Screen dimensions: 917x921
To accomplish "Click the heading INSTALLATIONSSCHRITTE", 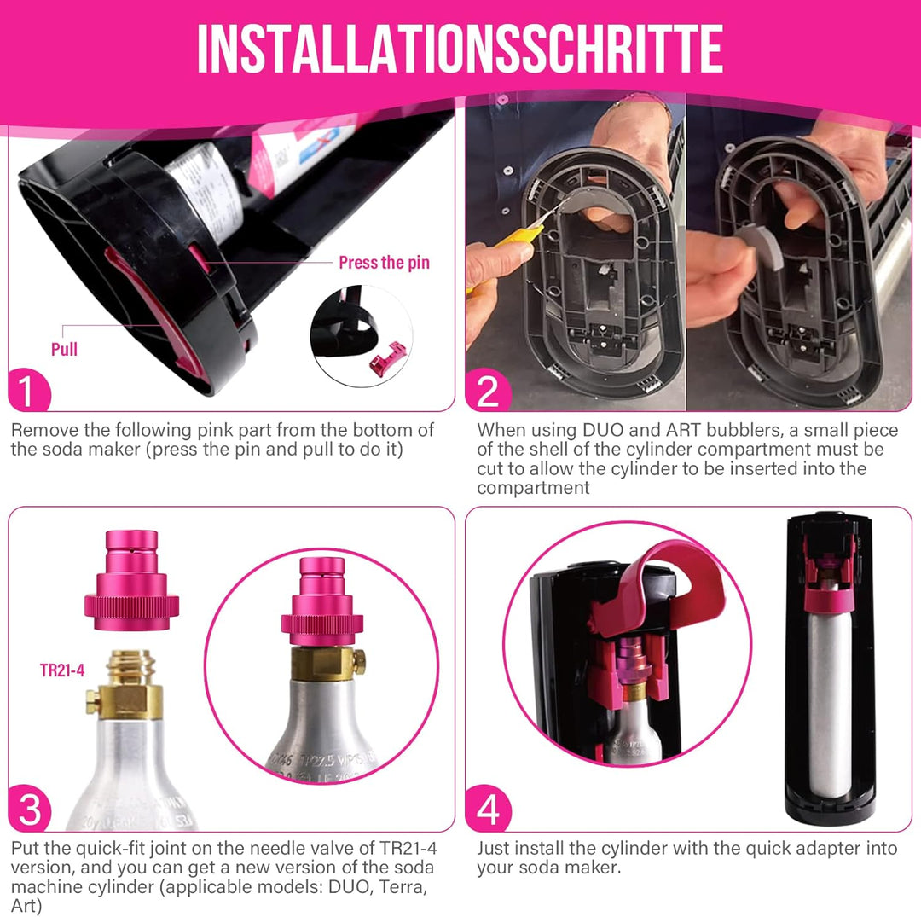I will click(460, 48).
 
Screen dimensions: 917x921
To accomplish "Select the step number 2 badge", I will click(488, 392).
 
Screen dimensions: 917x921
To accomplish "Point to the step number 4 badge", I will click(488, 810).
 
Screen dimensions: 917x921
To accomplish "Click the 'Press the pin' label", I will click(384, 263).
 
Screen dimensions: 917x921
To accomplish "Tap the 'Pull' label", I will click(64, 349).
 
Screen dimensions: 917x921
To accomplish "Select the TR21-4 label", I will click(62, 670).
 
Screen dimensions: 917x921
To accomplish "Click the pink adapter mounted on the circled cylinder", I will click(322, 601).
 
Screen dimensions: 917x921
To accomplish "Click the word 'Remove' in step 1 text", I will click(39, 431).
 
